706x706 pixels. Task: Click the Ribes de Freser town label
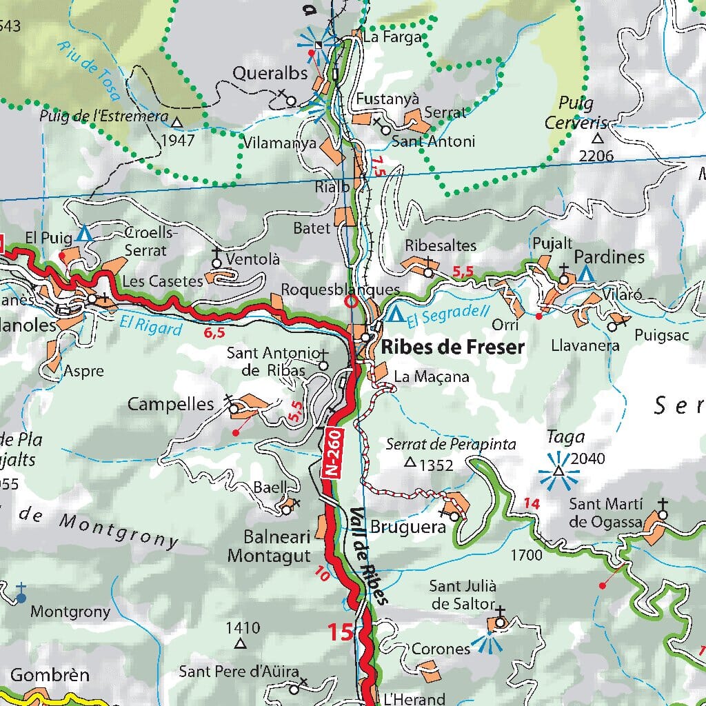coord(453,347)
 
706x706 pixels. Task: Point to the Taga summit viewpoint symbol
coord(558,472)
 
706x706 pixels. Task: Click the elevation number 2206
coord(596,156)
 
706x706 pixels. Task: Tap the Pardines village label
coord(609,257)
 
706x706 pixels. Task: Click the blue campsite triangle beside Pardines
coord(586,274)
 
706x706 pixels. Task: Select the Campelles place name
coord(170,404)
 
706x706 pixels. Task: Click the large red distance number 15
coord(341,632)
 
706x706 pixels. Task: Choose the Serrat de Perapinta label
coord(451,445)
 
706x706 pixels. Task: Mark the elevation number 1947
coord(178,141)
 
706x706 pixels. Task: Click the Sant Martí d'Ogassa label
coord(607,512)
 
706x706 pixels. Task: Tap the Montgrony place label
coord(70,612)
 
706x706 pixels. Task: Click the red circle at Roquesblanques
coord(351,302)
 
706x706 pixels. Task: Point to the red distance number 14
coord(531,504)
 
